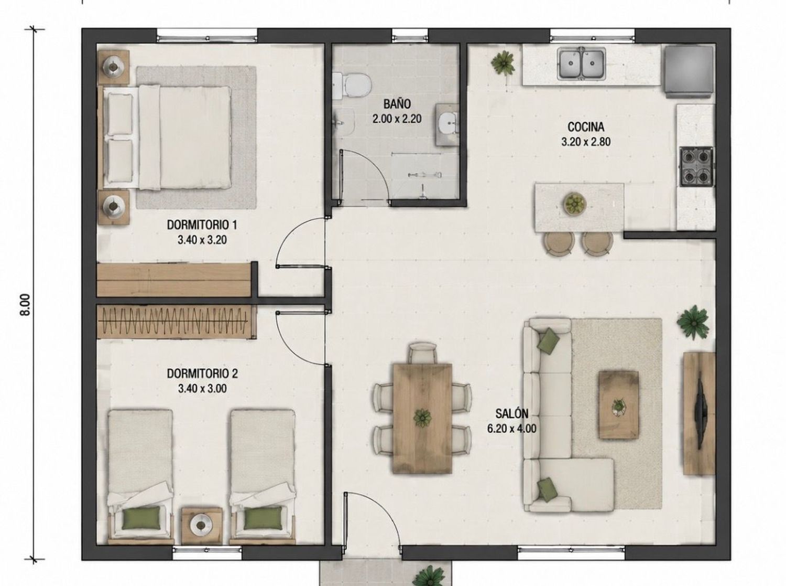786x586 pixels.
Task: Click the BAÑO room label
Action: point(397,104)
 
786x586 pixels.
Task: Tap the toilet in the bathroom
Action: point(353,86)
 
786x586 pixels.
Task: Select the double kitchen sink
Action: point(581,64)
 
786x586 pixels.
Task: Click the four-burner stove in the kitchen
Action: point(696,166)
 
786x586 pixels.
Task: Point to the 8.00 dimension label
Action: point(25,304)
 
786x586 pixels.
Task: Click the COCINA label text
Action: point(586,127)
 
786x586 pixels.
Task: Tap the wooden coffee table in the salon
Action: point(619,405)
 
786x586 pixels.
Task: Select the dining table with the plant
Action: point(422,418)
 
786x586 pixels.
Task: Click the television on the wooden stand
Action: point(700,414)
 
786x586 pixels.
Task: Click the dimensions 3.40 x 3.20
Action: point(202,240)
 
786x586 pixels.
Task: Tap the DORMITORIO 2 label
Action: point(202,374)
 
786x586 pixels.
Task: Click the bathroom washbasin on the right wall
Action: point(447,125)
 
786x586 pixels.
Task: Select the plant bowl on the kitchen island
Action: point(575,204)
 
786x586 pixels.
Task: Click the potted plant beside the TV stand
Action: point(693,322)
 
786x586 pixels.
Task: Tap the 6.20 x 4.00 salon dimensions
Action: point(512,429)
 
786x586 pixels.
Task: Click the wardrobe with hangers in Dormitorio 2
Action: point(177,321)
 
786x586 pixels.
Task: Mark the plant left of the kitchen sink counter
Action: point(503,63)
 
